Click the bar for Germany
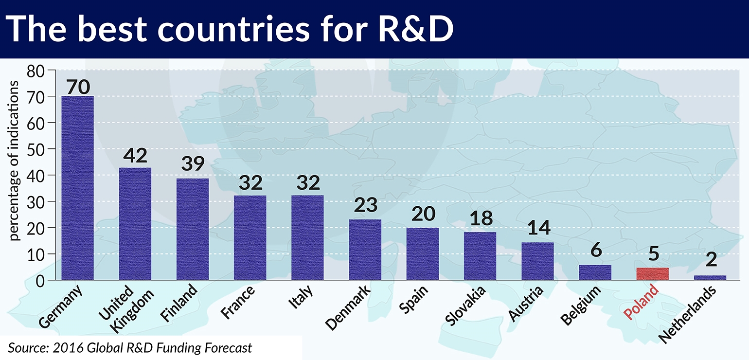(x=77, y=188)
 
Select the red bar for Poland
(x=652, y=274)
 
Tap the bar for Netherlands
(x=710, y=277)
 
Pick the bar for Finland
(x=193, y=229)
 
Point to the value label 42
(x=136, y=157)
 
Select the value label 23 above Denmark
(x=365, y=205)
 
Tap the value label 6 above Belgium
(x=596, y=250)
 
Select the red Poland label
(x=642, y=302)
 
